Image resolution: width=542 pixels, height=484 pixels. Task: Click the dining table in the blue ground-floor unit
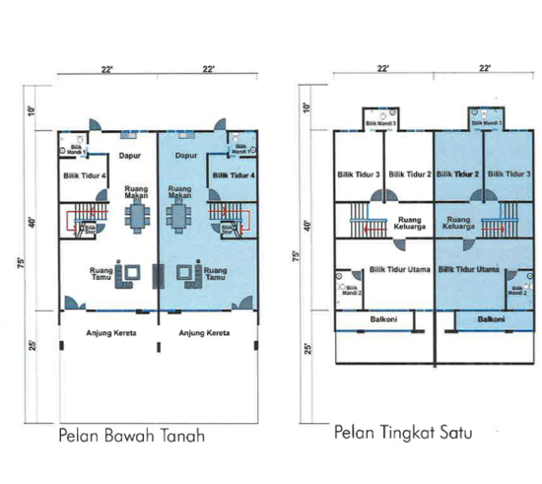pyautogui.click(x=177, y=215)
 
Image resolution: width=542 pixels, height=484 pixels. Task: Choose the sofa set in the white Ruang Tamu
pyautogui.click(x=129, y=274)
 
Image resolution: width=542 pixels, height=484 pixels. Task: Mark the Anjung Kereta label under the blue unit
pyautogui.click(x=204, y=333)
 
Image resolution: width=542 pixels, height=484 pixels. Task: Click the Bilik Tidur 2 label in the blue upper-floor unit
pyautogui.click(x=458, y=174)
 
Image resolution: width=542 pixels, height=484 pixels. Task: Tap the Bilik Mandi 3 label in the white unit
pyautogui.click(x=379, y=123)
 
